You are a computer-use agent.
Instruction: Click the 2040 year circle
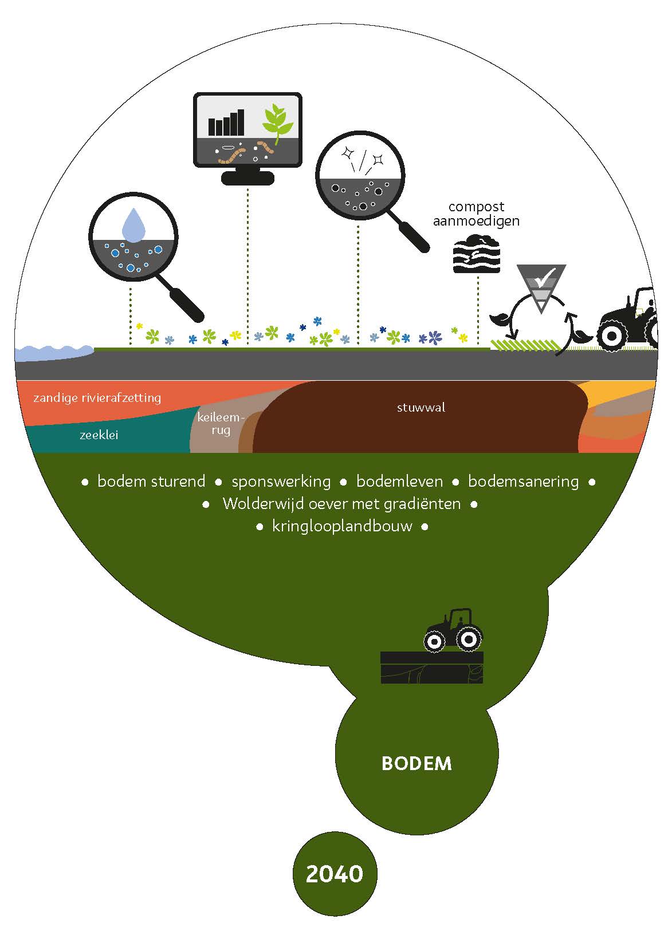(x=335, y=874)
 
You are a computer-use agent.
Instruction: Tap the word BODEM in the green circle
(x=416, y=763)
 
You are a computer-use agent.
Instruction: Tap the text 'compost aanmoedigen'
(x=476, y=214)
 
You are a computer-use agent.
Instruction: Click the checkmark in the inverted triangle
(x=542, y=278)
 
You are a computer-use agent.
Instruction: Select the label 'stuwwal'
(x=421, y=408)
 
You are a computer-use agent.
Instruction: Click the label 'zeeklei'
(x=99, y=435)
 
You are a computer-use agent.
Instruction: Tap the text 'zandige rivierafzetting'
(x=97, y=397)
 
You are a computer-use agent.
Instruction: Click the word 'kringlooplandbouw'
(x=342, y=526)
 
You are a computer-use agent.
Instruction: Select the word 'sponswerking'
(x=281, y=482)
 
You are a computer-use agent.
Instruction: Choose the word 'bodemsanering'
(x=523, y=482)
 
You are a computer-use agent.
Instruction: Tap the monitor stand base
(x=247, y=179)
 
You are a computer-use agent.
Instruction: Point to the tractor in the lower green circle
(x=453, y=630)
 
